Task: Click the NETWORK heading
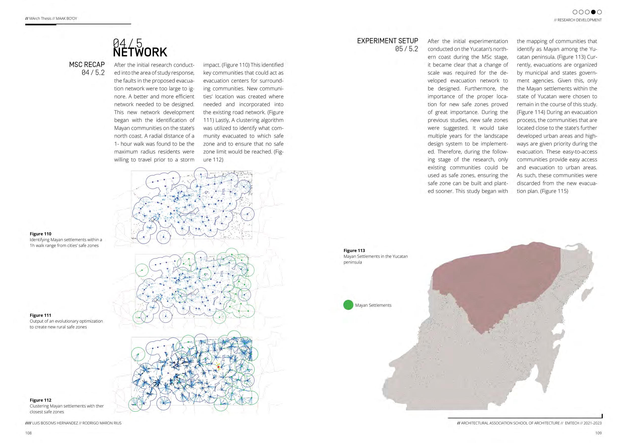tap(140, 52)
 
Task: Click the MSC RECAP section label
tap(87, 64)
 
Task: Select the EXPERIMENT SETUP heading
tap(387, 41)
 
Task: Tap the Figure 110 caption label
tap(40, 234)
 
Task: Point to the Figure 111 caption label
tap(40, 315)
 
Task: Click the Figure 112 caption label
tap(40, 400)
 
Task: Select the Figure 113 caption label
tap(354, 250)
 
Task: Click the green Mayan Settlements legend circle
tap(348, 305)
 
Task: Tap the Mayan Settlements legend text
tap(373, 305)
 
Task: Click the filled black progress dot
tap(593, 12)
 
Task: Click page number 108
tap(28, 433)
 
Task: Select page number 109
tap(598, 433)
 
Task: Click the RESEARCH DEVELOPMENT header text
tap(579, 20)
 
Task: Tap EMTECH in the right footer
tap(572, 423)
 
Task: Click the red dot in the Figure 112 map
tap(218, 367)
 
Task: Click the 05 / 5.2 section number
tap(406, 49)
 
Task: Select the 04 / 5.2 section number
tap(93, 72)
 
